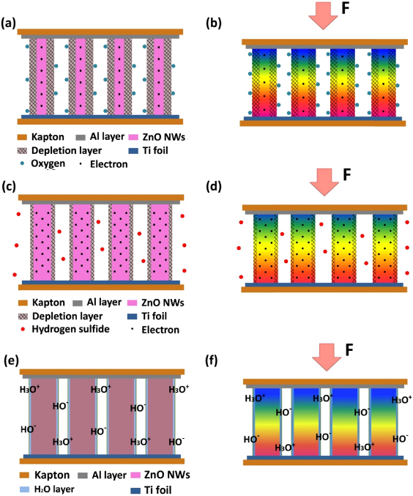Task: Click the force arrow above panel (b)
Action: pos(320,15)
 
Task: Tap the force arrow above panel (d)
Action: pos(320,181)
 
